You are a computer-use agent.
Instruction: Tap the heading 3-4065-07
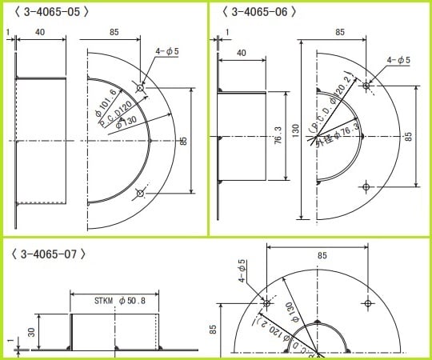tap(49, 254)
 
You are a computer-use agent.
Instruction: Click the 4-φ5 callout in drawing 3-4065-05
tap(166, 51)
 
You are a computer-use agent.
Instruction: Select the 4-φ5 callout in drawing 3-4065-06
tap(398, 60)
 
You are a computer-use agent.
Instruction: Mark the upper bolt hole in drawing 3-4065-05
tap(141, 88)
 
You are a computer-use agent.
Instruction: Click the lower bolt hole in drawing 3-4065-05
tap(141, 193)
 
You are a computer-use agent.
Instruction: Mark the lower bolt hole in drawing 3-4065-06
tap(366, 186)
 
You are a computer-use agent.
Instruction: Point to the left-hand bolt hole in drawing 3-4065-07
tap(267, 302)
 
